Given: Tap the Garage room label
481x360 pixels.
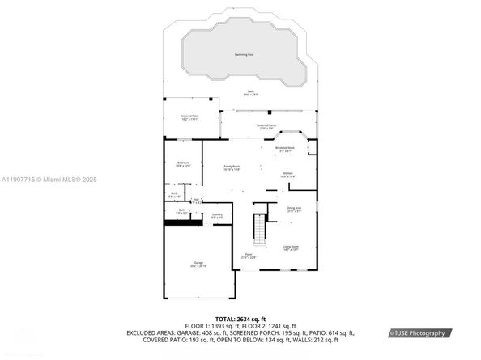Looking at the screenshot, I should pyautogui.click(x=198, y=264).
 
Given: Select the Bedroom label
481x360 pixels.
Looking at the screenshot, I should pyautogui.click(x=183, y=163).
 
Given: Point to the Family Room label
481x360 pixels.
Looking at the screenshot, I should pyautogui.click(x=232, y=167).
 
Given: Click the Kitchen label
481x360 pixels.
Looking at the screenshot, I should pyautogui.click(x=287, y=174).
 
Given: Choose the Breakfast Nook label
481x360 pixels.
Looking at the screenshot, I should pyautogui.click(x=285, y=149).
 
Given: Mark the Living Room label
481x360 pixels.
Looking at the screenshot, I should pyautogui.click(x=291, y=248).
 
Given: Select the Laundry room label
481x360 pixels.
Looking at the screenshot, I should pyautogui.click(x=217, y=215).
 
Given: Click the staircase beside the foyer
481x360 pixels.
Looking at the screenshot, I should pyautogui.click(x=260, y=231).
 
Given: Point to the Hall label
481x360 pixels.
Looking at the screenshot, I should pyautogui.click(x=196, y=200).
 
